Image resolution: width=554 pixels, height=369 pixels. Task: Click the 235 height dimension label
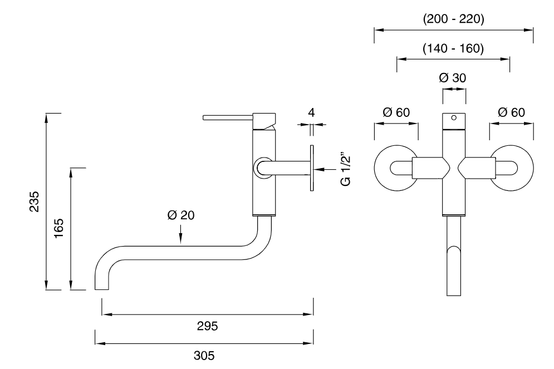pyautogui.click(x=35, y=201)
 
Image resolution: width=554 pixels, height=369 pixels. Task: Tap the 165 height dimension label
pyautogui.click(x=58, y=228)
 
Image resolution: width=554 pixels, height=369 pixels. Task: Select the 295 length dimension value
pyautogui.click(x=207, y=326)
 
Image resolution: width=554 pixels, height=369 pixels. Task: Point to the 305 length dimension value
pyautogui.click(x=204, y=355)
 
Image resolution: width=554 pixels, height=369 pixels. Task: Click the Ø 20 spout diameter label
pyautogui.click(x=181, y=215)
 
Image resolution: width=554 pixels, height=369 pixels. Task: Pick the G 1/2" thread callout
pyautogui.click(x=346, y=169)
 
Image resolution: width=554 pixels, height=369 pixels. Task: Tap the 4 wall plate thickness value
pyautogui.click(x=311, y=112)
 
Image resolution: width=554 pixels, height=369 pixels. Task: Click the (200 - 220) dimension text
pyautogui.click(x=454, y=19)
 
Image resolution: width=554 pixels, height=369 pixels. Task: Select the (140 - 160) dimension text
pyautogui.click(x=453, y=48)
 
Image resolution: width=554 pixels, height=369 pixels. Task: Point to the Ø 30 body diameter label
pyautogui.click(x=453, y=78)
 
